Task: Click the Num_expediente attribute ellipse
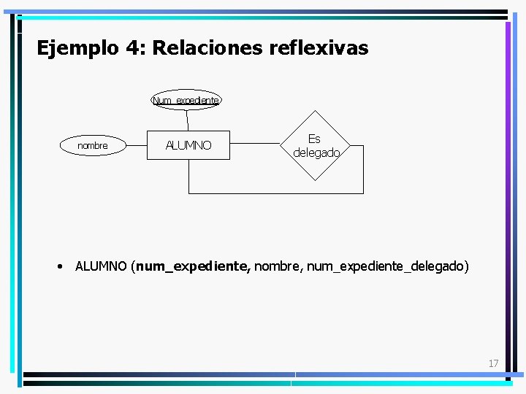point(186,99)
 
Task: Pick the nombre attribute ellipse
point(92,146)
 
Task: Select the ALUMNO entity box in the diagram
point(188,145)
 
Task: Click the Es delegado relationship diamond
point(315,146)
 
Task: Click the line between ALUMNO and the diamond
point(256,145)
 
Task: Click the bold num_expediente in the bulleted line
point(193,266)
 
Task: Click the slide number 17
point(493,363)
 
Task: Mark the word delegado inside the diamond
point(316,153)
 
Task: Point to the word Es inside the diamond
point(314,139)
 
